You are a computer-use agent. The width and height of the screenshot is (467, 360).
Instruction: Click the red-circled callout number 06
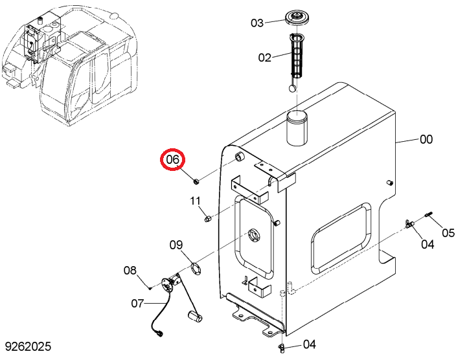(x=173, y=159)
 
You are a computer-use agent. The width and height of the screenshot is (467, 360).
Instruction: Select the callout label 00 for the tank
(x=426, y=139)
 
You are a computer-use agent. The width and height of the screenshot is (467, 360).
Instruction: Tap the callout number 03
(x=257, y=23)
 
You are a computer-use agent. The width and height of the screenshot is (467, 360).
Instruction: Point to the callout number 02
(x=265, y=58)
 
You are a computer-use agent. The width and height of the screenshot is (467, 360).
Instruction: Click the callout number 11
(x=196, y=201)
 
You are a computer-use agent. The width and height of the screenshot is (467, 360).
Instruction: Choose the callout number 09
(x=176, y=245)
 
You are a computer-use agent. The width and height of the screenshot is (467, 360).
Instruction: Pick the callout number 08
(x=130, y=271)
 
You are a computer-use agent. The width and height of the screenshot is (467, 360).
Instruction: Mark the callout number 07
(x=137, y=304)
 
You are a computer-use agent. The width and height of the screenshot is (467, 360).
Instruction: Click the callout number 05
(x=448, y=233)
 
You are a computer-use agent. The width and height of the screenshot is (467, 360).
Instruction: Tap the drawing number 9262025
(x=28, y=346)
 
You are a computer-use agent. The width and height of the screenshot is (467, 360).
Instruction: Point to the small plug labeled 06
(x=196, y=181)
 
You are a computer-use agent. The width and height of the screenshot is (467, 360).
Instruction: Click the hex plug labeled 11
(x=207, y=219)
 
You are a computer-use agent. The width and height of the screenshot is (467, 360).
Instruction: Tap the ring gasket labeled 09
(x=196, y=268)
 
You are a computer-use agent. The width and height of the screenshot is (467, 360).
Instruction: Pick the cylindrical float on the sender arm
(x=195, y=316)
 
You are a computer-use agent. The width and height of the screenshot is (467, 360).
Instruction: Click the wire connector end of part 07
(x=160, y=333)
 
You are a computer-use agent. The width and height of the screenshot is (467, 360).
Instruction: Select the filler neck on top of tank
(x=297, y=128)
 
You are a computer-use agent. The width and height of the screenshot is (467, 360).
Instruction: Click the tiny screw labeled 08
(x=150, y=287)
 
